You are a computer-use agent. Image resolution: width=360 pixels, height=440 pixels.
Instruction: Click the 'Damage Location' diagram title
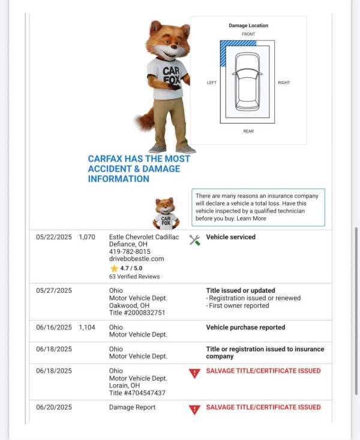248,25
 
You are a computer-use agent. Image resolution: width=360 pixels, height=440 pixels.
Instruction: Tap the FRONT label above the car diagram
248,34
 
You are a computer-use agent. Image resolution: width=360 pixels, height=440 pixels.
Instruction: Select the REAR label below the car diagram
248,131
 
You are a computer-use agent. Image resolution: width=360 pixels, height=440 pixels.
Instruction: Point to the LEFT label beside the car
212,83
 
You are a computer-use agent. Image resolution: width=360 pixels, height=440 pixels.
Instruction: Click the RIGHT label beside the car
284,83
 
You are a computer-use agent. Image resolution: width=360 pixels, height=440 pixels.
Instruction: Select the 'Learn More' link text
251,218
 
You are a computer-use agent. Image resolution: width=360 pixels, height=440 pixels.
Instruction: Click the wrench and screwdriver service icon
194,240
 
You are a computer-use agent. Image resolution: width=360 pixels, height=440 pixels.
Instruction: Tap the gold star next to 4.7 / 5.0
114,268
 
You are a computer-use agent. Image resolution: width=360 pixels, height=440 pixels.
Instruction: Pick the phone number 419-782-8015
130,252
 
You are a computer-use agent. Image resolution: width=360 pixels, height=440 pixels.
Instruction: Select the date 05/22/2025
53,237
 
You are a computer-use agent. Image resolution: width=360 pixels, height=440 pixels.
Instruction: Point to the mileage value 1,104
87,327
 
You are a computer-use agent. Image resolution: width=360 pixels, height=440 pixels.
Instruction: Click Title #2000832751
137,313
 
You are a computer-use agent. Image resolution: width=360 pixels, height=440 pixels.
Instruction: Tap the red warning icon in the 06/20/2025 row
194,410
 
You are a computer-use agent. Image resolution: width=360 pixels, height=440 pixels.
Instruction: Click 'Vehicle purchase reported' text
245,327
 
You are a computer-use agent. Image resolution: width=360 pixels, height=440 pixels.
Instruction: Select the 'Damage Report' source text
132,407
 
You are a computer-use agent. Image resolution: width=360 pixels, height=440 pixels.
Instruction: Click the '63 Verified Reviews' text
134,277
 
